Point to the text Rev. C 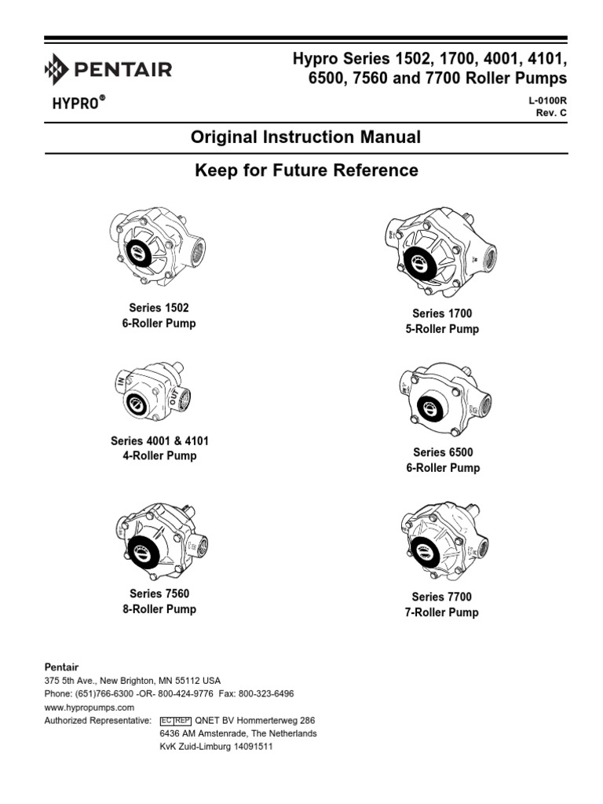click(x=551, y=114)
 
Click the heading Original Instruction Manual click(x=306, y=137)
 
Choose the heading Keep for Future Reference click(x=306, y=170)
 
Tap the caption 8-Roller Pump click(x=159, y=609)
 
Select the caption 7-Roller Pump click(x=442, y=612)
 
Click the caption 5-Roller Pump click(x=442, y=329)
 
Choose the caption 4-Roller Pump click(x=159, y=456)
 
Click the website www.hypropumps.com click(x=84, y=707)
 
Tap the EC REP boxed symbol click(x=175, y=720)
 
